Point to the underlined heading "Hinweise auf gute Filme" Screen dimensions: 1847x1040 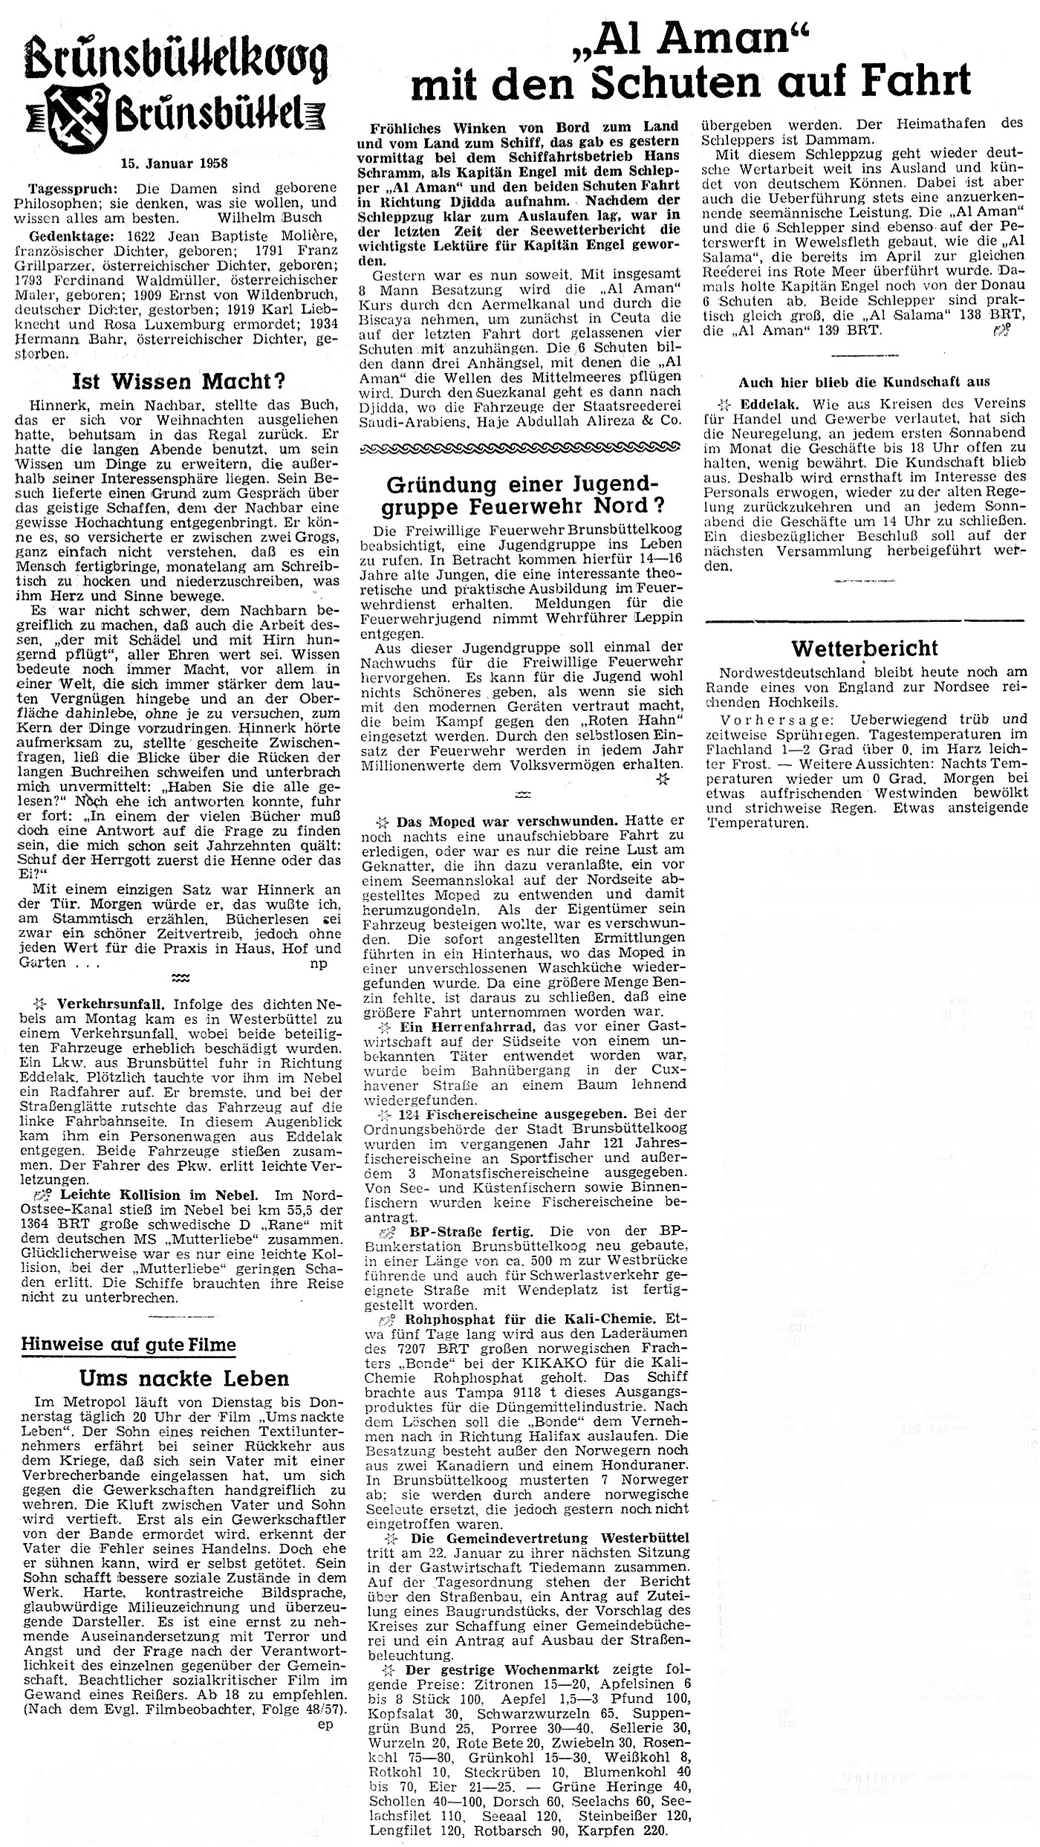coord(129,1344)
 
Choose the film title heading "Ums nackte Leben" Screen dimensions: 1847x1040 coord(183,1379)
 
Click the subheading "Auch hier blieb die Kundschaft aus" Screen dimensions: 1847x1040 coord(864,382)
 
